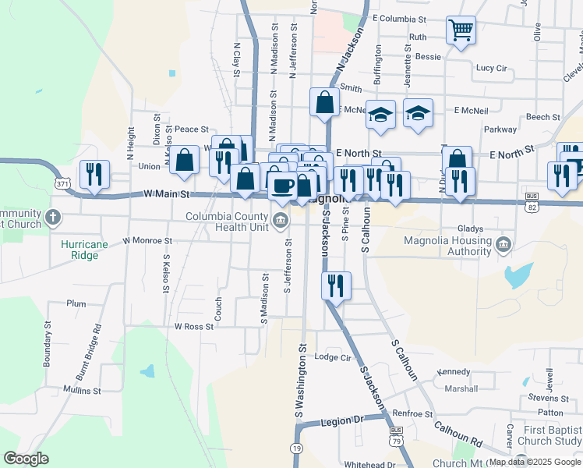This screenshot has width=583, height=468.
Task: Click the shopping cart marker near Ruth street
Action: (461, 31)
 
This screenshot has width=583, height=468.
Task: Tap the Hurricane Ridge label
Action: (85, 249)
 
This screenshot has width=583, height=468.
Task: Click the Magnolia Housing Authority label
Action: (446, 246)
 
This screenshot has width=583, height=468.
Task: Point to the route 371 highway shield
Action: (62, 184)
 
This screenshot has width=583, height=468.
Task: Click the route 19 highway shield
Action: (295, 447)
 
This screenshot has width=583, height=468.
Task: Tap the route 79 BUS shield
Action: (396, 435)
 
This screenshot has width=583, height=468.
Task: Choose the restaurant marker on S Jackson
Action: (337, 285)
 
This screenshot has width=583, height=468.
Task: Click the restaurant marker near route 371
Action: (94, 174)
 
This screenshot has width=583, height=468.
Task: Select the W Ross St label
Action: (194, 327)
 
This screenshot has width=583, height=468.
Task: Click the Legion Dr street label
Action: (342, 421)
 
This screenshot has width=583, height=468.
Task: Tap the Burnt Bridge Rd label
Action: (97, 349)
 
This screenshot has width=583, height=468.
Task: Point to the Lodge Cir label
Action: (333, 357)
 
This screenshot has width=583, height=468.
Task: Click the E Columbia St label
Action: (399, 18)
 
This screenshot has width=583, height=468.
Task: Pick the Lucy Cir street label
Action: (491, 68)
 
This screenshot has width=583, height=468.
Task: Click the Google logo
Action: (26, 459)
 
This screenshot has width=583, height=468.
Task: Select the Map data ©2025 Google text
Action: (534, 462)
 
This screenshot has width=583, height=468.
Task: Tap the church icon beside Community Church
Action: (52, 217)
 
